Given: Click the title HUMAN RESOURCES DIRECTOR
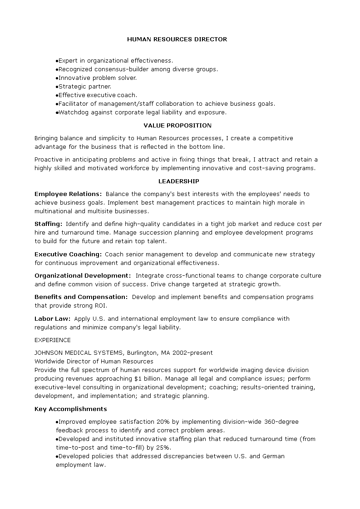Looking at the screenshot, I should tap(177, 39).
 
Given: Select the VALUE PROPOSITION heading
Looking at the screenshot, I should tap(178, 126).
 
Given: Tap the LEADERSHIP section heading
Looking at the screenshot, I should tap(178, 181).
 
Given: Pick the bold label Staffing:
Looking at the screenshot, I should tap(49, 224).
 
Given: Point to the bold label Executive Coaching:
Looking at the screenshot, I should tap(68, 254).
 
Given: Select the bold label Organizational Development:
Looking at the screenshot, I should tap(83, 276).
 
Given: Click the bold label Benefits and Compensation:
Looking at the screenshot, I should tap(81, 297).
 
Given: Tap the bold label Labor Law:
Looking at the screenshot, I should tap(52, 319).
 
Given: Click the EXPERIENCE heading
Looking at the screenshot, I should tap(53, 340).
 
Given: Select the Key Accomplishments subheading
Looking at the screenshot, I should tap(71, 409).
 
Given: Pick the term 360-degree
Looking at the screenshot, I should tap(281, 422).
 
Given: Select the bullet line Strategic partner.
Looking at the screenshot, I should tap(84, 87).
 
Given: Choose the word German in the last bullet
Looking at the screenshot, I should tap(274, 456).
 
